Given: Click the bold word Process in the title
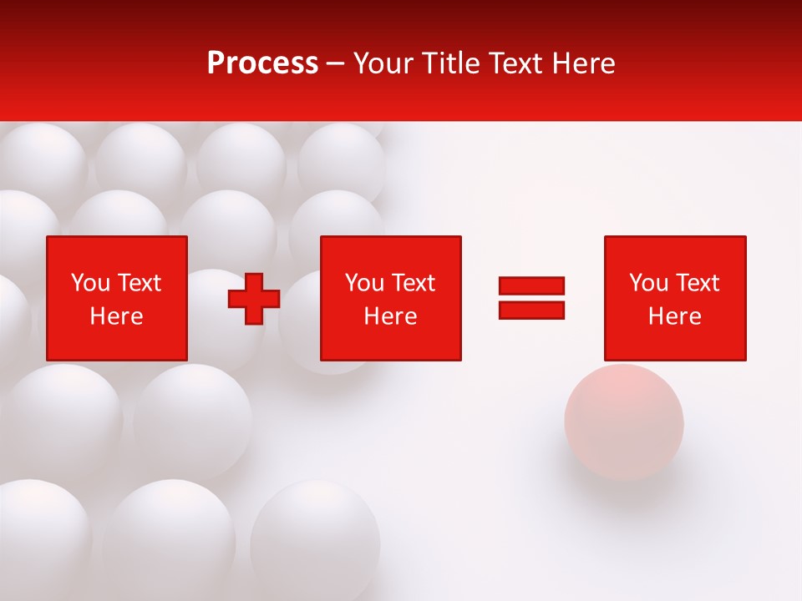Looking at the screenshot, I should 262,63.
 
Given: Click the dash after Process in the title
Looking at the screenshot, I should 335,64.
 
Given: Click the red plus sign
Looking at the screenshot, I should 254,299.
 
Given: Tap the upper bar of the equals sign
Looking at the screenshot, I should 531,286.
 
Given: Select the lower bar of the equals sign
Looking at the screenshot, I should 531,310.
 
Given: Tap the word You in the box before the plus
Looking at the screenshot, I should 90,283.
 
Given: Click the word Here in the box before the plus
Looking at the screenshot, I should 116,316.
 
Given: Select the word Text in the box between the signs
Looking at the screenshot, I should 414,283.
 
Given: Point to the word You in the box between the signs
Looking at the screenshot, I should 364,283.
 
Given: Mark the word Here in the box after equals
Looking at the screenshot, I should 674,316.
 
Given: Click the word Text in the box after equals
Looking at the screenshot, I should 698,283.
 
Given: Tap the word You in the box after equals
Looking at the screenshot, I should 648,283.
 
